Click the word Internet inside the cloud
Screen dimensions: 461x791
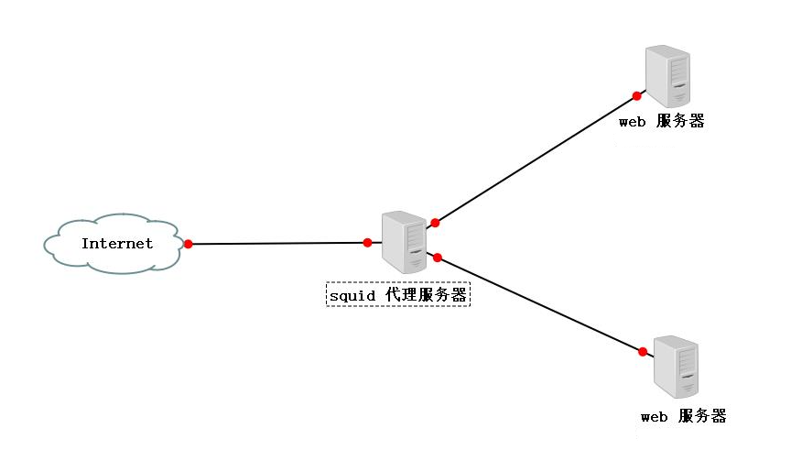pyautogui.click(x=116, y=244)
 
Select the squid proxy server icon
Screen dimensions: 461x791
pyautogui.click(x=405, y=242)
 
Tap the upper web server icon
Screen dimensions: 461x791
pyautogui.click(x=666, y=78)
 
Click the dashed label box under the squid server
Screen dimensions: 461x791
pyautogui.click(x=398, y=295)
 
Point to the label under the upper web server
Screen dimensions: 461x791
pyautogui.click(x=661, y=122)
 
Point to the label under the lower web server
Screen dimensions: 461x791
pyautogui.click(x=683, y=417)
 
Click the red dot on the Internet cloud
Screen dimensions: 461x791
pyautogui.click(x=188, y=244)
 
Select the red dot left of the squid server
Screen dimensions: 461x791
pyautogui.click(x=367, y=243)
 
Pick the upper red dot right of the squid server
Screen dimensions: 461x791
pyautogui.click(x=435, y=223)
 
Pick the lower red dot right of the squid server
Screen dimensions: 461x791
pyautogui.click(x=438, y=258)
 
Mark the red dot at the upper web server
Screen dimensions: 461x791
pyautogui.click(x=637, y=95)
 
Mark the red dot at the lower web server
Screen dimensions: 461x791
pyautogui.click(x=643, y=352)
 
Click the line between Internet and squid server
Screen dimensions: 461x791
pyautogui.click(x=275, y=244)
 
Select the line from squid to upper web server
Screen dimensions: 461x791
pyautogui.click(x=536, y=159)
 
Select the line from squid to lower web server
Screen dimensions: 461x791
pyautogui.click(x=540, y=305)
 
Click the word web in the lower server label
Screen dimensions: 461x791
pyautogui.click(x=655, y=417)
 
